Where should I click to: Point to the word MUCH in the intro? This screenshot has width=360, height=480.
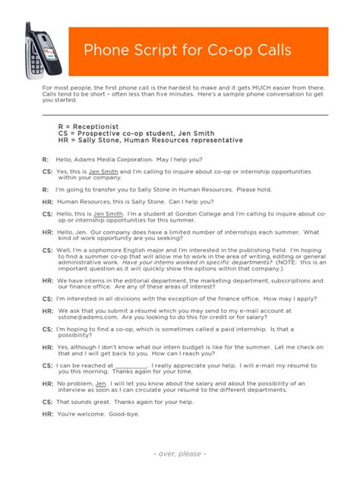coord(244,87)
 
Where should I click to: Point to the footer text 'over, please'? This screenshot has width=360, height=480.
coord(179,454)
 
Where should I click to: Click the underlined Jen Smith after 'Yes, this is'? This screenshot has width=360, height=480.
coord(104,172)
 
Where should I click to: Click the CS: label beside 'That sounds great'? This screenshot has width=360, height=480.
coord(47,402)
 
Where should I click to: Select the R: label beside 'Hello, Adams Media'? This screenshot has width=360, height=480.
coord(46,159)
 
